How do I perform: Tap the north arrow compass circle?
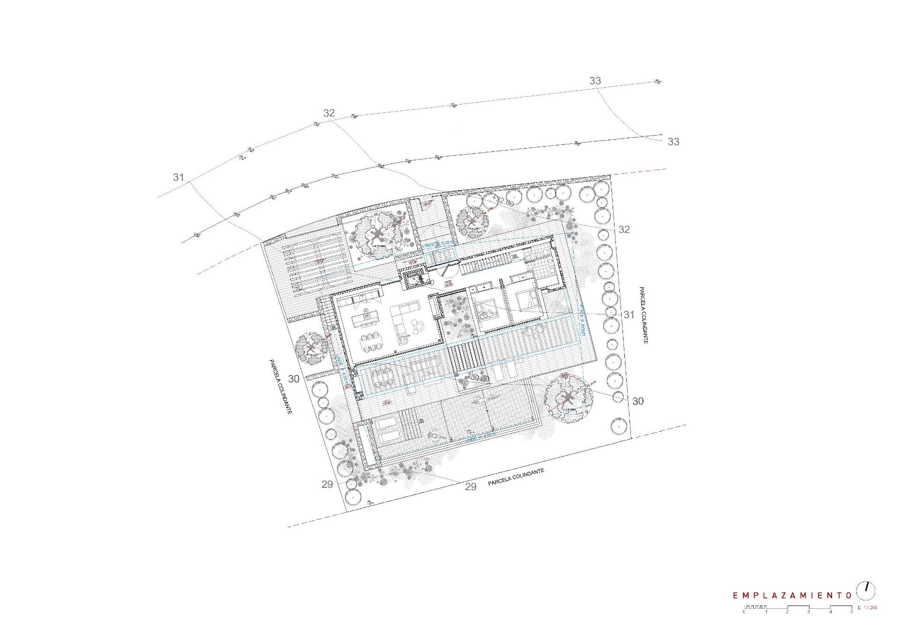click(x=866, y=591)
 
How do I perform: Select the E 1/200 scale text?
click(x=867, y=608)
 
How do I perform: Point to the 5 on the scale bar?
click(x=852, y=612)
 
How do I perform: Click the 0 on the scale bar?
click(x=744, y=612)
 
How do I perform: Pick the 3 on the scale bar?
click(x=809, y=612)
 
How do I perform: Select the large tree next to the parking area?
click(x=378, y=235)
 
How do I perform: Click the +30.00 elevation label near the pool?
click(x=479, y=378)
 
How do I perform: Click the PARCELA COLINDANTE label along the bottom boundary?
click(x=516, y=477)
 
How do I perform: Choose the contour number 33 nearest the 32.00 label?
click(x=673, y=142)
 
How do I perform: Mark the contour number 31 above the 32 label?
click(x=178, y=177)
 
